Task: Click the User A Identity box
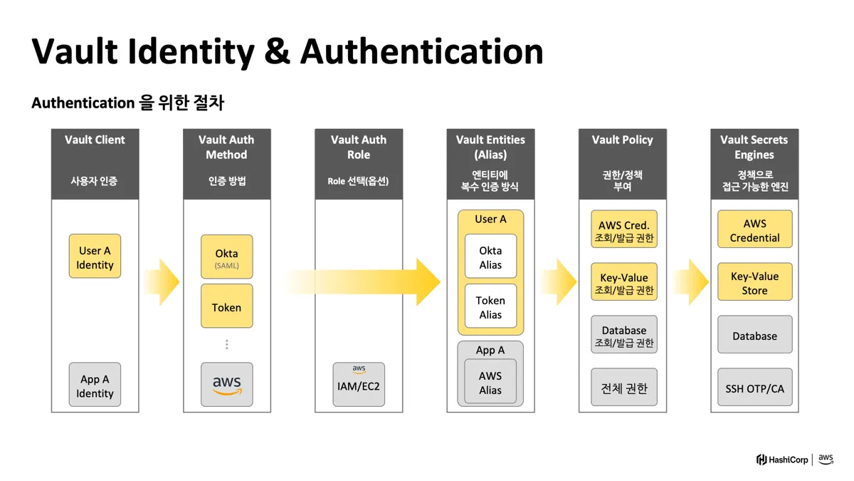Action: click(x=95, y=257)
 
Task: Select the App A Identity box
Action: click(x=95, y=386)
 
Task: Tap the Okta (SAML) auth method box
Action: click(x=226, y=257)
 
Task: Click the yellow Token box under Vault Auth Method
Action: click(x=226, y=307)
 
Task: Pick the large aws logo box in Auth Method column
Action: click(x=226, y=385)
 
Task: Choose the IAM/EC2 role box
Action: click(x=359, y=385)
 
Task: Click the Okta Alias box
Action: click(x=490, y=257)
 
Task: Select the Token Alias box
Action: click(x=490, y=307)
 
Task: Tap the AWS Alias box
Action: click(x=490, y=382)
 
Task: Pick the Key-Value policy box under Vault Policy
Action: click(x=623, y=283)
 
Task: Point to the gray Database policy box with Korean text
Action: click(x=623, y=336)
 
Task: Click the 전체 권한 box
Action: click(x=623, y=388)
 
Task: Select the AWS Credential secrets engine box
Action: click(x=754, y=230)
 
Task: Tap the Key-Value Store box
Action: click(x=754, y=283)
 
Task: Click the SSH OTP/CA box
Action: click(x=754, y=388)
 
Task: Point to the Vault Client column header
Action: click(x=95, y=163)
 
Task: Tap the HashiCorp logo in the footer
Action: click(x=783, y=460)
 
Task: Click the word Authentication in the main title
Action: click(x=421, y=51)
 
